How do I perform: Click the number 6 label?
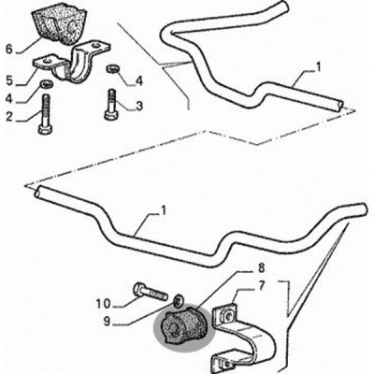tap(9, 49)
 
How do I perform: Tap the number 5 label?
tap(9, 80)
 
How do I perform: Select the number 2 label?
tap(9, 117)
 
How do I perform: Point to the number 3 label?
tap(138, 106)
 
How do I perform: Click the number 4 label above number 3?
tap(138, 81)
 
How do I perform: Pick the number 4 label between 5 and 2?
tap(9, 98)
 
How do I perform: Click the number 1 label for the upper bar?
tap(318, 66)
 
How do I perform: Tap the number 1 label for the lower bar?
tap(164, 209)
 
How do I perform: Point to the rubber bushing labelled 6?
tap(58, 25)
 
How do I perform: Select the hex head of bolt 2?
tap(45, 129)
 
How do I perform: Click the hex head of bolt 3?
tap(110, 116)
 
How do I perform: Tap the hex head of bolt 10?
tap(138, 289)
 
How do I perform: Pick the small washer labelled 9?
tap(179, 300)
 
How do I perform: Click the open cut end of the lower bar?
tap(38, 191)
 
